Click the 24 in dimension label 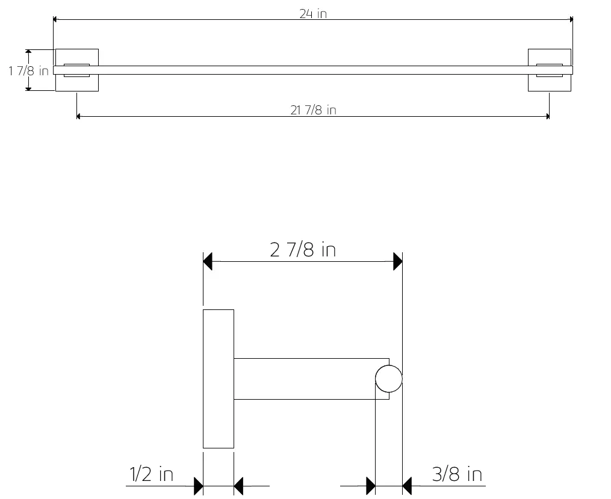pyautogui.click(x=313, y=13)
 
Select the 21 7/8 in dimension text pyautogui.click(x=313, y=110)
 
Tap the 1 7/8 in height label pyautogui.click(x=28, y=71)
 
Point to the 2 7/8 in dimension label pyautogui.click(x=303, y=249)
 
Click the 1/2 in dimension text pyautogui.click(x=151, y=474)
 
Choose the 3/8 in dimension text pyautogui.click(x=457, y=474)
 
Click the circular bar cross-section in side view pyautogui.click(x=388, y=379)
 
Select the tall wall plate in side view pyautogui.click(x=218, y=379)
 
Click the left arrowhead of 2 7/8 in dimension pyautogui.click(x=208, y=262)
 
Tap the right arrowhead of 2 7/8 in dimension pyautogui.click(x=397, y=262)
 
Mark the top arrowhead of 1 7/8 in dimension pyautogui.click(x=28, y=52)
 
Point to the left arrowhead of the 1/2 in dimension pyautogui.click(x=199, y=485)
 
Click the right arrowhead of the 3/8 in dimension pyautogui.click(x=407, y=485)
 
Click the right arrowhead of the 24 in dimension pyautogui.click(x=571, y=20)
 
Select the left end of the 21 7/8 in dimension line pyautogui.click(x=78, y=117)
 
